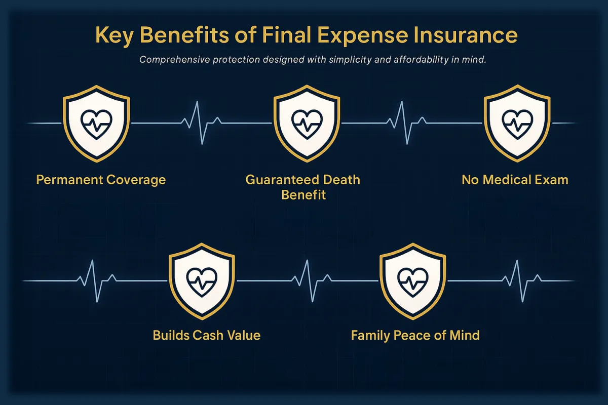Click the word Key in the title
[115, 35]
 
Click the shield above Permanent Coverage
[96, 124]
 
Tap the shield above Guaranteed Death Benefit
[307, 124]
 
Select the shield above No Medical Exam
[517, 124]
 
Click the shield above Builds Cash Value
[202, 281]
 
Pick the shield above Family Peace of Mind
[412, 281]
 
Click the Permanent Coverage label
[101, 180]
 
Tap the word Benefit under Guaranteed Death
[303, 195]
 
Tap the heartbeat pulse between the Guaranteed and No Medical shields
[406, 123]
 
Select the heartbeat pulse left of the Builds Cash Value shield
[97, 281]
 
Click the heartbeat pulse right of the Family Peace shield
[522, 281]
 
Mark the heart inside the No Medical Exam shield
[517, 125]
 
